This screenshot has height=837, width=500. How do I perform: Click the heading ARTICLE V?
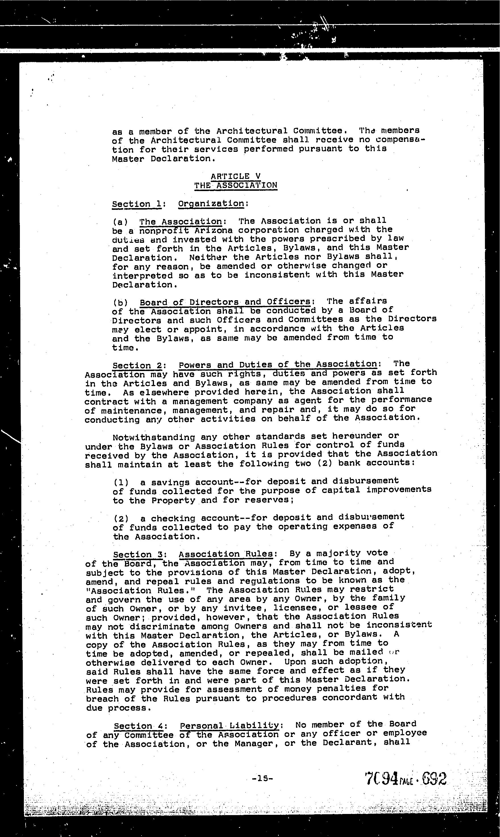(x=236, y=176)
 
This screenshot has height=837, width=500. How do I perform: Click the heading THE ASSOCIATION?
(x=236, y=185)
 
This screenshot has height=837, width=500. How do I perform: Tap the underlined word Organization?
(x=211, y=204)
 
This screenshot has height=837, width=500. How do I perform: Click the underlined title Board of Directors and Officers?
(x=225, y=302)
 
